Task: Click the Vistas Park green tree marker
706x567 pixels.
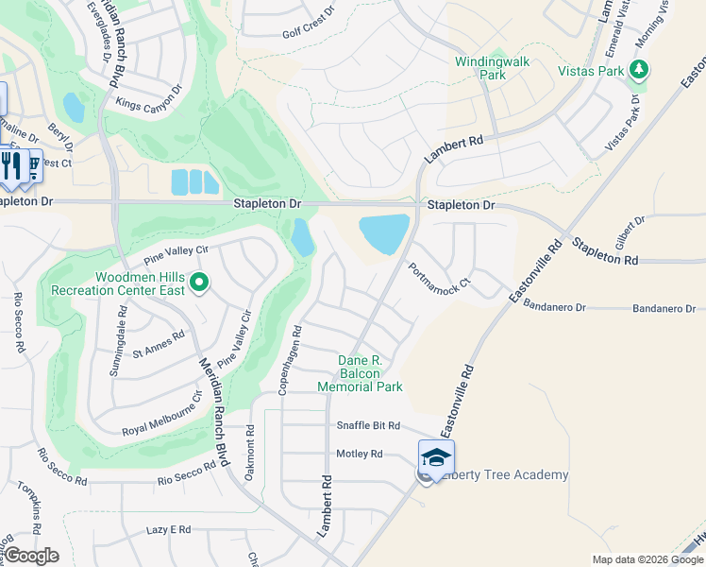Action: coord(640,69)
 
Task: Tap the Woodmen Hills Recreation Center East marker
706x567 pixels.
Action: coord(199,282)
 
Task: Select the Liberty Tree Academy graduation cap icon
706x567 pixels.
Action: coord(436,457)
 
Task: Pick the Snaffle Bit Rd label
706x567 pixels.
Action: coord(369,426)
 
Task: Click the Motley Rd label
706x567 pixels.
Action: coord(360,454)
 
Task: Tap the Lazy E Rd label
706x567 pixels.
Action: coord(169,530)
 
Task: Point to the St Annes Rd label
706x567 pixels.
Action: coord(159,344)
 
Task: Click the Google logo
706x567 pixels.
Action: coord(31,556)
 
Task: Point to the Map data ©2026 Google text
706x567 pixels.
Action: coord(646,559)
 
